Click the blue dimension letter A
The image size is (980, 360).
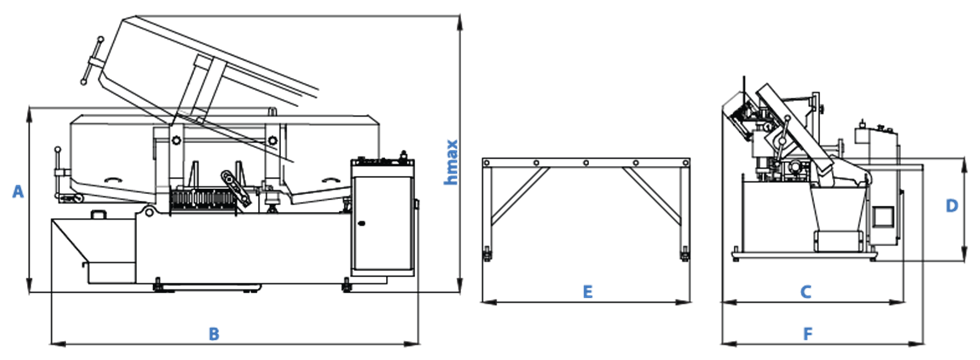[18, 192]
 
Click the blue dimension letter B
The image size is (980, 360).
[214, 334]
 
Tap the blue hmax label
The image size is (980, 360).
[451, 162]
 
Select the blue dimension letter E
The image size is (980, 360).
[587, 292]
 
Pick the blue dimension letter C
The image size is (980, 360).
[805, 292]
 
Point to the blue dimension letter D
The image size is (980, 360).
[952, 206]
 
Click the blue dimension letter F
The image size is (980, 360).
[808, 334]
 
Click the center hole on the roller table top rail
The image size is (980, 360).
[586, 163]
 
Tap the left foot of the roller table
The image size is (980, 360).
[486, 255]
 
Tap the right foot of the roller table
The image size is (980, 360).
[684, 255]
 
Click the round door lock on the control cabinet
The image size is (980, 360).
[361, 224]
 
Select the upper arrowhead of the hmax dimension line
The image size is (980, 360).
[459, 23]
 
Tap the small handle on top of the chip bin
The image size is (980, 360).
[99, 214]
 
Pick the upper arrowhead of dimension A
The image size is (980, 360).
[29, 114]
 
